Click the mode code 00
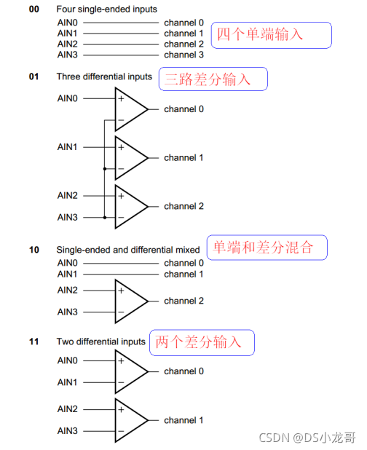(x=33, y=9)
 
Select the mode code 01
(x=33, y=76)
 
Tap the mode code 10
(x=33, y=250)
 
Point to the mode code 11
(x=33, y=342)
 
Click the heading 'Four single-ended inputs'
(x=107, y=9)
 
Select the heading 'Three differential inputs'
(x=104, y=76)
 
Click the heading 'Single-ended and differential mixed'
(x=128, y=250)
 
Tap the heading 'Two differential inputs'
(x=101, y=342)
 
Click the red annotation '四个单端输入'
(x=260, y=34)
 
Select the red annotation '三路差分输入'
(x=208, y=79)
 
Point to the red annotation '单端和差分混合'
(x=263, y=247)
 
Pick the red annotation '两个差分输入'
(x=198, y=342)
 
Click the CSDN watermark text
(x=307, y=438)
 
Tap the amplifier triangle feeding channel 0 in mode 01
(x=131, y=109)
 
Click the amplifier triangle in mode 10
(x=131, y=301)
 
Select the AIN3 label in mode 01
(x=68, y=217)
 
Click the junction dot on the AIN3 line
(x=105, y=218)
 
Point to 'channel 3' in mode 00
(x=183, y=55)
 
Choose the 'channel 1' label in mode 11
(x=183, y=420)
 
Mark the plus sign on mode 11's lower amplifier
(x=121, y=409)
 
